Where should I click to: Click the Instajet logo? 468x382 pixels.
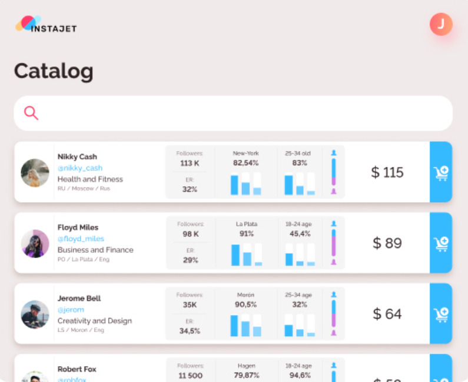coord(45,25)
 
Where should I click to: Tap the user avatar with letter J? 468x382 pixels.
coord(441,24)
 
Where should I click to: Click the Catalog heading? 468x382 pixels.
coord(54,72)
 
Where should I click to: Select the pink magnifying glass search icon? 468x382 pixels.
coord(31,113)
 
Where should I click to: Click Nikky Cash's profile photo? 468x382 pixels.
coord(35,173)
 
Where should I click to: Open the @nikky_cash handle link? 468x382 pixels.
coord(80,168)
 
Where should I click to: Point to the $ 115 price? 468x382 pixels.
coord(387,172)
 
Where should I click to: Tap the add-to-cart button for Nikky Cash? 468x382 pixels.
coord(441,172)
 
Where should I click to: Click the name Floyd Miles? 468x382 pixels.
coord(78,227)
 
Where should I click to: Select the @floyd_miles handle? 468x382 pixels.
coord(81,239)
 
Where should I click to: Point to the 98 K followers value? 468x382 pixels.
coord(190,234)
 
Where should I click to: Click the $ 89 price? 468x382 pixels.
coord(387,243)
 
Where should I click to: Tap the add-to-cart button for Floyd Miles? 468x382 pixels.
coord(441,243)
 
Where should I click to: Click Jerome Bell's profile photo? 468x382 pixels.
coord(35,314)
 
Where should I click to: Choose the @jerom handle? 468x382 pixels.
coord(71,310)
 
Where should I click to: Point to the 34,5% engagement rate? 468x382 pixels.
coord(190,331)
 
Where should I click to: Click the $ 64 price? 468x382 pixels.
coord(387,314)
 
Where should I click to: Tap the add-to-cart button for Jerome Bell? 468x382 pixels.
coord(441,314)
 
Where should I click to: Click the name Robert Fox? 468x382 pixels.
coord(77,369)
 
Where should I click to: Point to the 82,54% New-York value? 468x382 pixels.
coord(246,163)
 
